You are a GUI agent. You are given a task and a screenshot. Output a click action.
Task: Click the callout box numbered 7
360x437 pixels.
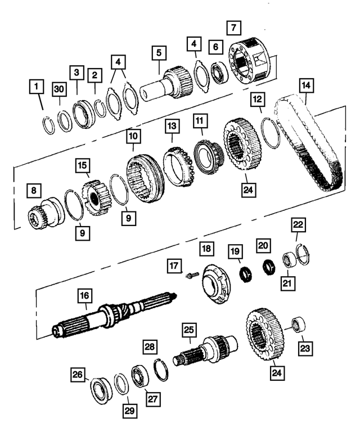coord(234,28)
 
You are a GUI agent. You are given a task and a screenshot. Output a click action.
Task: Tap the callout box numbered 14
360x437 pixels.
coord(307,85)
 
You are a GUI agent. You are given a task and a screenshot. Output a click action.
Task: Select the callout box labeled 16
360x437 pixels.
coord(84,296)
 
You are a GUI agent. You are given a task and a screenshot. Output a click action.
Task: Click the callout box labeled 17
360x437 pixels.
coord(174,264)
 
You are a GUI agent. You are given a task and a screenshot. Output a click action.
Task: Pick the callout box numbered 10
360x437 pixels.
coord(133,137)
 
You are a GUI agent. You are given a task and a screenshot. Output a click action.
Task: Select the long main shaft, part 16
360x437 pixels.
coord(112,318)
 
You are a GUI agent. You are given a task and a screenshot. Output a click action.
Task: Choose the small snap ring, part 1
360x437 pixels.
coord(49,124)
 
